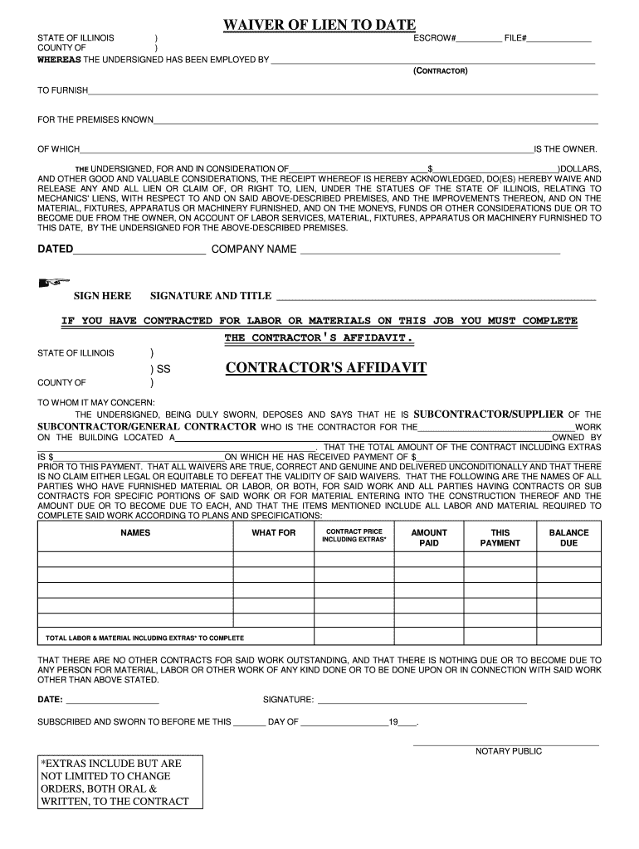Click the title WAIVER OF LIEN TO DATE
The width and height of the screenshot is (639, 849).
pyautogui.click(x=319, y=26)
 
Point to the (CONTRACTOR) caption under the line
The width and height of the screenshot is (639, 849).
pyautogui.click(x=441, y=71)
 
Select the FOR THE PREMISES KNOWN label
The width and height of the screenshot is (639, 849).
pyautogui.click(x=95, y=120)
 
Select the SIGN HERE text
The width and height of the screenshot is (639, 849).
pyautogui.click(x=102, y=296)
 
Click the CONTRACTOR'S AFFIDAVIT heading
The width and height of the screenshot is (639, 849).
pyautogui.click(x=326, y=367)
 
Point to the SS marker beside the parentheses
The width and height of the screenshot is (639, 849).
pyautogui.click(x=163, y=368)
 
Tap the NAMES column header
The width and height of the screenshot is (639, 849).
pyautogui.click(x=135, y=533)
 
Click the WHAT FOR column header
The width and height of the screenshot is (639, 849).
pyautogui.click(x=273, y=533)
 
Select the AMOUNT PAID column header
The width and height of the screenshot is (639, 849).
pyautogui.click(x=429, y=538)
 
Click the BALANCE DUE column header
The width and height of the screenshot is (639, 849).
pyautogui.click(x=568, y=538)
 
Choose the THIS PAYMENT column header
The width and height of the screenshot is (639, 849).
pyautogui.click(x=500, y=538)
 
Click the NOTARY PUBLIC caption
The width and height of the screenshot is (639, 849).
pyautogui.click(x=508, y=751)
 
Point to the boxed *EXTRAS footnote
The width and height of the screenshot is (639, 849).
pyautogui.click(x=120, y=782)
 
